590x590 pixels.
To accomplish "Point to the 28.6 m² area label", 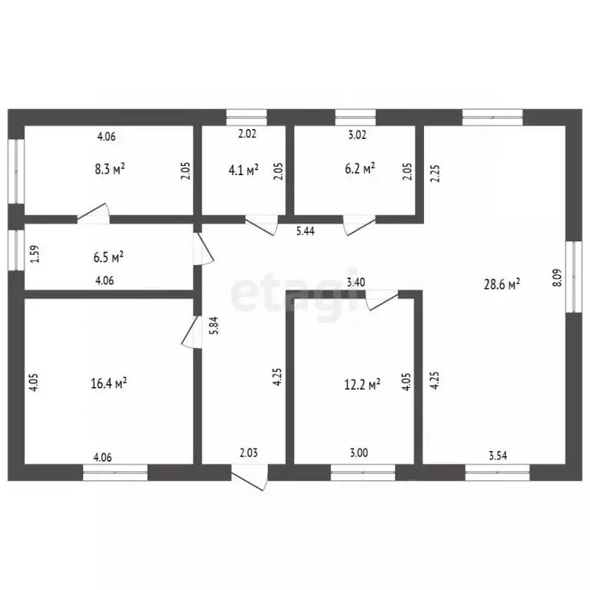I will (x=502, y=283).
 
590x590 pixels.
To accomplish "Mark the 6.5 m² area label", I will (x=108, y=256).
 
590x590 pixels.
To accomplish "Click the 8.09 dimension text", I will (x=557, y=277).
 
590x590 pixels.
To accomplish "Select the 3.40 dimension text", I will (x=355, y=283).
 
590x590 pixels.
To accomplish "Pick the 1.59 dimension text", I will (x=34, y=254).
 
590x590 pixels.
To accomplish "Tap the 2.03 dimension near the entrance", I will (x=247, y=453).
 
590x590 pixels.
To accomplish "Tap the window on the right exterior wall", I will (x=572, y=277).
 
